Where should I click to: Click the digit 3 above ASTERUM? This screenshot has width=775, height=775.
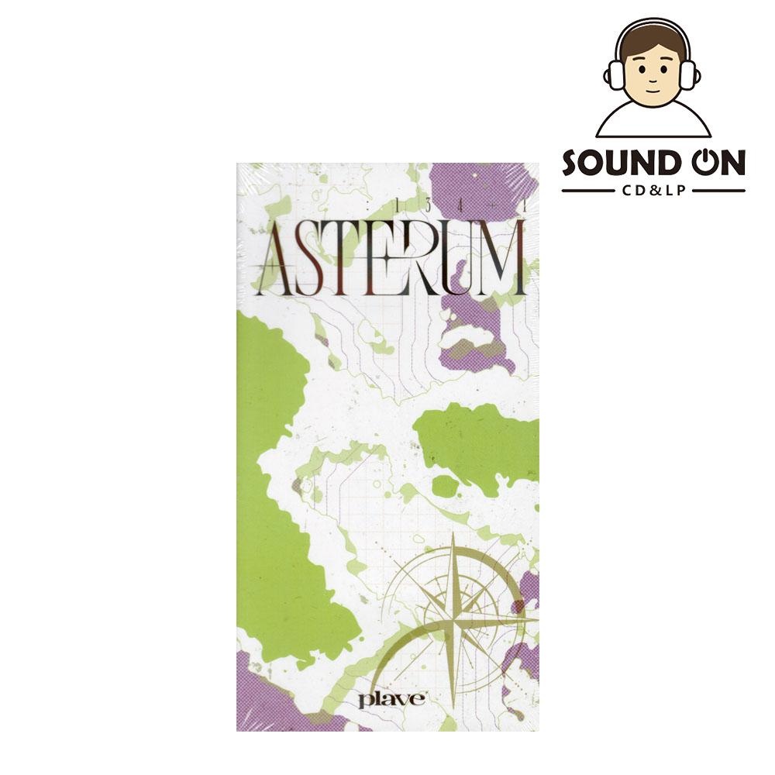click(427, 206)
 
